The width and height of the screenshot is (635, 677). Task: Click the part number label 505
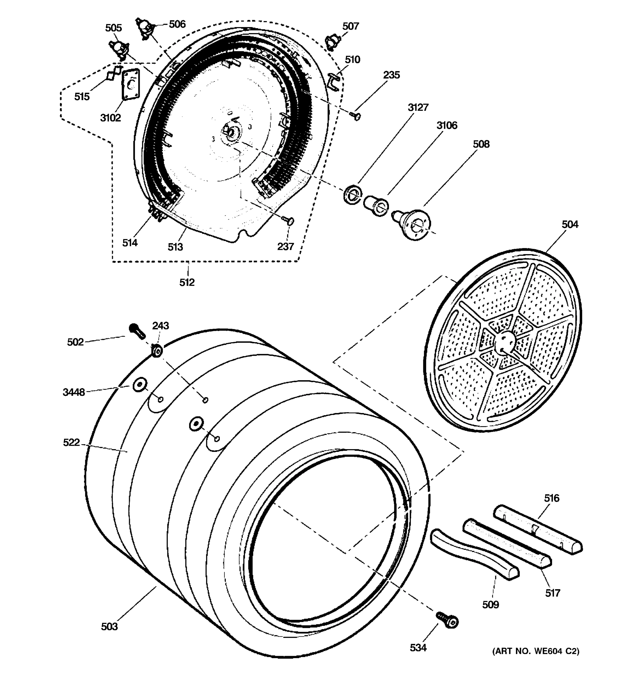pyautogui.click(x=113, y=28)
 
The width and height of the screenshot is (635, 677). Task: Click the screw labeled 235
pyautogui.click(x=356, y=117)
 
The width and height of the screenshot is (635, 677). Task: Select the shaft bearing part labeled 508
pyautogui.click(x=413, y=223)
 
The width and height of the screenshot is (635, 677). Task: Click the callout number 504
pyautogui.click(x=570, y=225)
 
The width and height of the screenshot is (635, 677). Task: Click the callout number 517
pyautogui.click(x=553, y=593)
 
